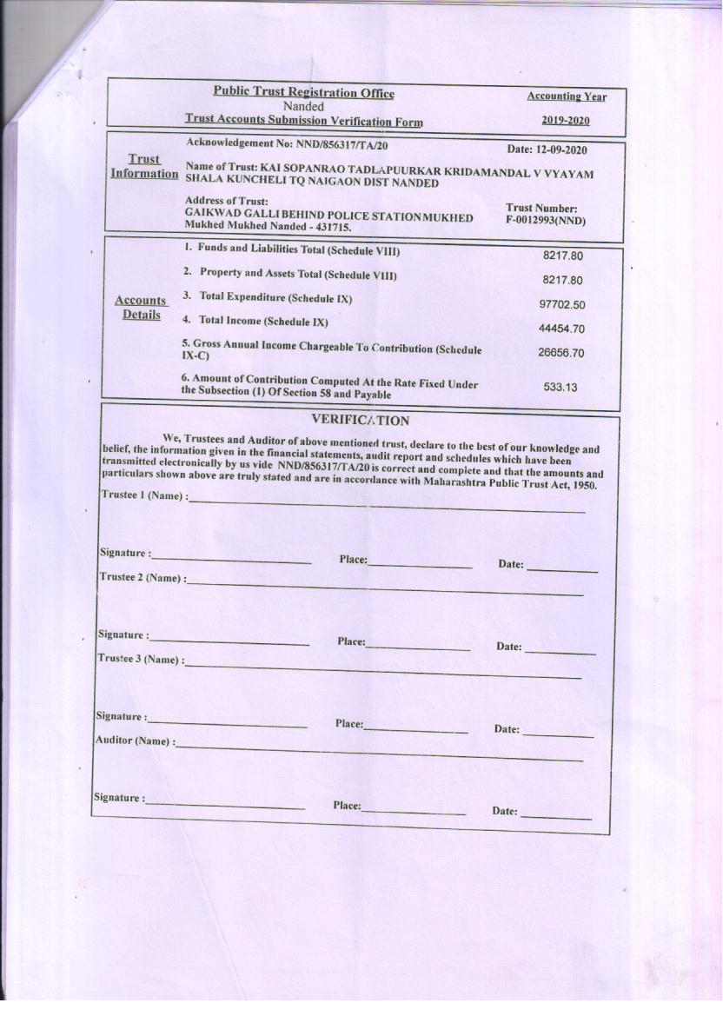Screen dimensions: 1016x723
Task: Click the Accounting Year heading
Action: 566,96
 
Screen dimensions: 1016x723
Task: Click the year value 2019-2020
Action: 565,121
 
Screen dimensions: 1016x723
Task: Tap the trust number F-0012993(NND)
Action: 546,221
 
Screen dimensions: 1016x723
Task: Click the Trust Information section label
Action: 144,166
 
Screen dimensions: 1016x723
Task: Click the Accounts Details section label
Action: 141,308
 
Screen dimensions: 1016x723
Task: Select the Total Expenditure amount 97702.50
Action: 561,305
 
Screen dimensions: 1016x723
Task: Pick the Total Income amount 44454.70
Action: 561,329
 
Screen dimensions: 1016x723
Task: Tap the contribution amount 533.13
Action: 560,387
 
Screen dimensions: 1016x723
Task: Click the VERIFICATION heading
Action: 360,421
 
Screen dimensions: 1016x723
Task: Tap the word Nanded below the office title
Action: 303,106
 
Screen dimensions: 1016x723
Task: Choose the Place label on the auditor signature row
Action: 347,806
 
